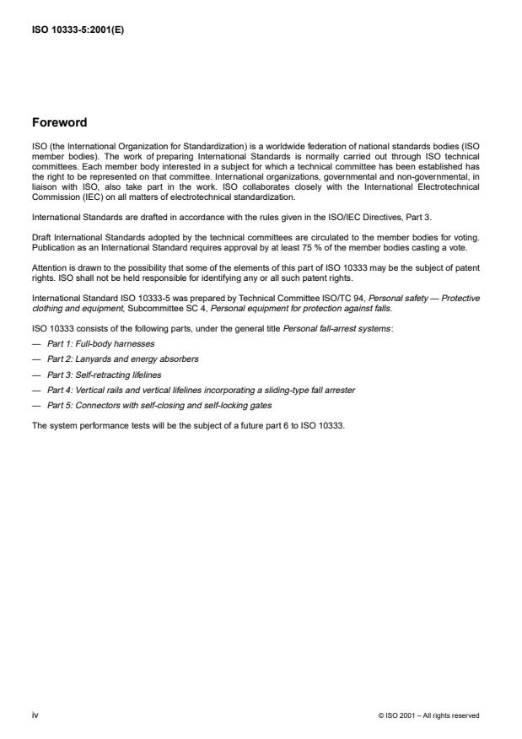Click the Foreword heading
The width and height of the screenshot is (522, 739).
tap(59, 122)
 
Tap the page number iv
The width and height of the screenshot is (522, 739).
tap(35, 715)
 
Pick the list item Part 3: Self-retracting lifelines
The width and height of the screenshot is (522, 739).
tap(104, 375)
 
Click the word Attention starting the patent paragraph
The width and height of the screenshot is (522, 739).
tap(47, 268)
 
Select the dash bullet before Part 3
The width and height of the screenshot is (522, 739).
tap(36, 375)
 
